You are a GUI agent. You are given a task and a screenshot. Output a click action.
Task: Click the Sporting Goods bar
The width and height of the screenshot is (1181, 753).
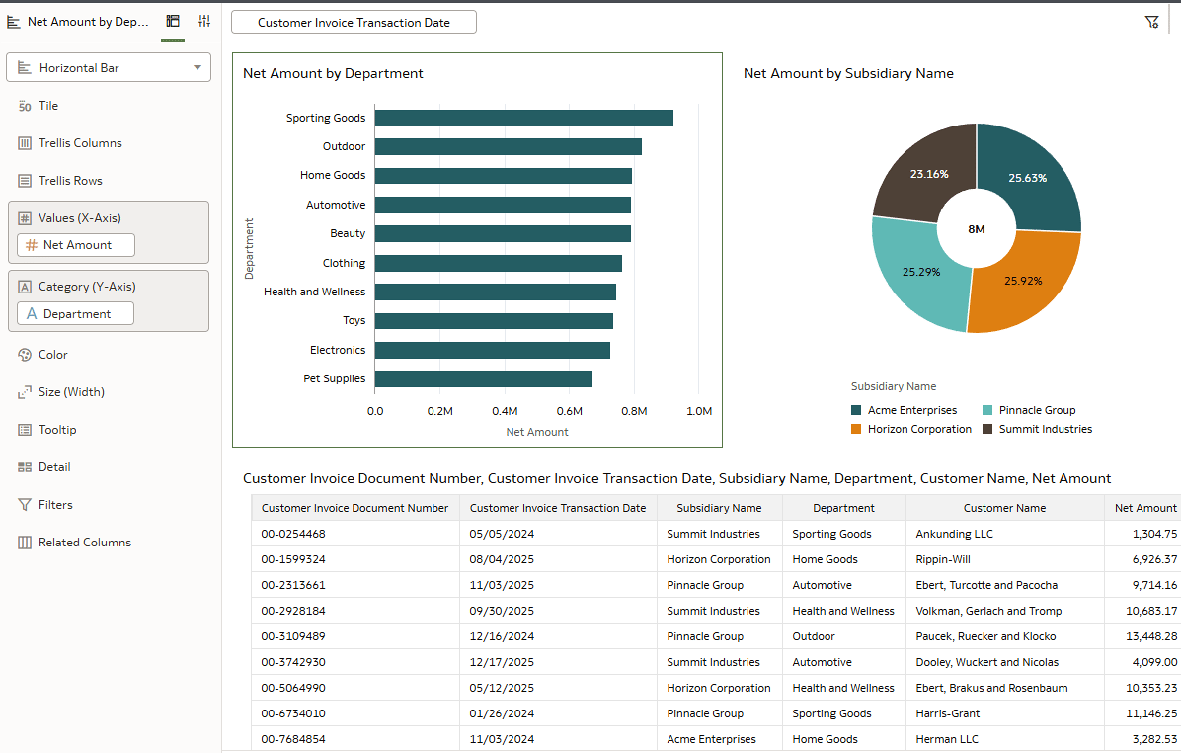[x=523, y=118]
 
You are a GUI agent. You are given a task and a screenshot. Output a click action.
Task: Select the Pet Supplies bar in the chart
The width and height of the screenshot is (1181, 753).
[x=483, y=378]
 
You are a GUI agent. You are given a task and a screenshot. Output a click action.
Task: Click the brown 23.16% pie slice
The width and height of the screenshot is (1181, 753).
[x=928, y=173]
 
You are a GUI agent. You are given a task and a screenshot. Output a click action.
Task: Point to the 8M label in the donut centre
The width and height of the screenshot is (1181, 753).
[x=976, y=229]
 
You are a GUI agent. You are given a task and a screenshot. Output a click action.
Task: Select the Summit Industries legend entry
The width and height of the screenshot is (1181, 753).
[x=1044, y=429]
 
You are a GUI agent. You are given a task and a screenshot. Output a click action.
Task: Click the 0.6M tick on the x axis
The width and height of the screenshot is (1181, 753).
[x=569, y=411]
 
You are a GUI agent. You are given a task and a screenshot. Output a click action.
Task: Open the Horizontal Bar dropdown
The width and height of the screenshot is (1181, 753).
[x=109, y=68]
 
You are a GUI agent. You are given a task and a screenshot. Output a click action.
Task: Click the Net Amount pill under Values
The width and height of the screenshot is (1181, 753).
[x=76, y=245]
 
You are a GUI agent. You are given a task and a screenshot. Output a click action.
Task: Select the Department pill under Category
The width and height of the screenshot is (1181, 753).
[x=76, y=314]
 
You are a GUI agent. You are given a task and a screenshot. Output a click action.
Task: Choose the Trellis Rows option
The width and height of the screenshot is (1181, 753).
[x=70, y=181]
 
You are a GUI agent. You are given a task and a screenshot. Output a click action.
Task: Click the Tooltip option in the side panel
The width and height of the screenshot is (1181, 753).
[x=57, y=430]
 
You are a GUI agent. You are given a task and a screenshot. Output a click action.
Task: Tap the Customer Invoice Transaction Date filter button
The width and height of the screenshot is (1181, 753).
[x=354, y=22]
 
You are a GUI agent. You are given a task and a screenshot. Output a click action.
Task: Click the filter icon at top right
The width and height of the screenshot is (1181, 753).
[x=1151, y=22]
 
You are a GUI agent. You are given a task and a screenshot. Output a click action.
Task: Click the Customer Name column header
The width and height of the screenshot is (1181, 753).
[x=1004, y=508]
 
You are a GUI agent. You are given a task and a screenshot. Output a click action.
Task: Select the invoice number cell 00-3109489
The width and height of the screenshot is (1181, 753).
[x=293, y=636]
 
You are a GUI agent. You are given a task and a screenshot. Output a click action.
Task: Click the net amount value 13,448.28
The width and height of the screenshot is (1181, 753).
[x=1144, y=636]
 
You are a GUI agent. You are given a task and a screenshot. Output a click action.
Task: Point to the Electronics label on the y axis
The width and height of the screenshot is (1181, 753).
[x=337, y=350]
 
